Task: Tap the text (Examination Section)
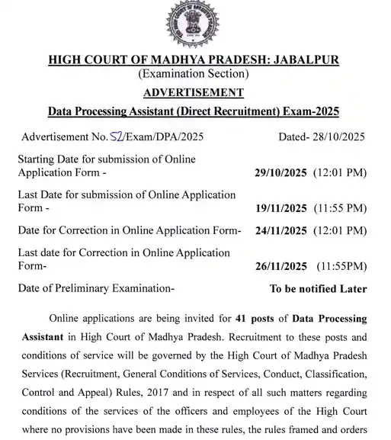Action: click(194, 74)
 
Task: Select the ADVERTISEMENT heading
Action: click(194, 92)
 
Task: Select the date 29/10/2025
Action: click(280, 173)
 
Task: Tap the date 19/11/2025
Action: click(280, 208)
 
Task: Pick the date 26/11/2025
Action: click(280, 266)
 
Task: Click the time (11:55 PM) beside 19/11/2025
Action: click(340, 208)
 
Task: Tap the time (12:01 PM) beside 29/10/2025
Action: click(340, 173)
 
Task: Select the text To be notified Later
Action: click(318, 289)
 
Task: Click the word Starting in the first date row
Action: click(39, 159)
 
